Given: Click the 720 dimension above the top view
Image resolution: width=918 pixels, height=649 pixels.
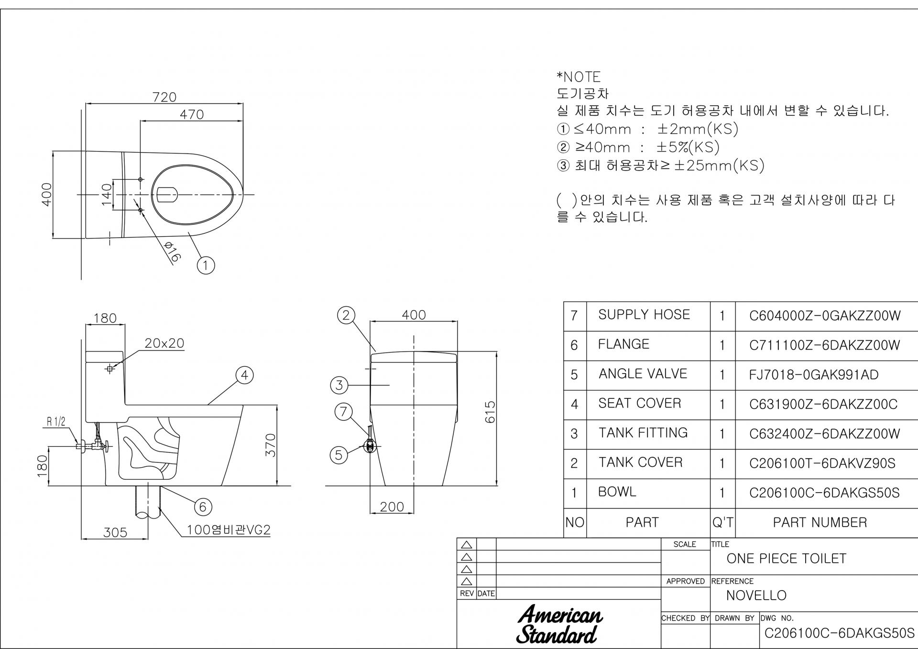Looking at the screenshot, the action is click(164, 97).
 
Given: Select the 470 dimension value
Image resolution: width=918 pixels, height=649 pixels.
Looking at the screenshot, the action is click(192, 115).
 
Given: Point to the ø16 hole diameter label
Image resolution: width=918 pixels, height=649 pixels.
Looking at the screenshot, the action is click(172, 251).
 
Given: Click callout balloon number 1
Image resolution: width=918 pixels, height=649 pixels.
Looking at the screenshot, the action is click(206, 265).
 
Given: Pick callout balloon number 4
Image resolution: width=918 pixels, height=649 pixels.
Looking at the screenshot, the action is click(244, 375).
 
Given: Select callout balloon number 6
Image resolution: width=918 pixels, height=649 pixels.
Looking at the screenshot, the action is click(203, 507).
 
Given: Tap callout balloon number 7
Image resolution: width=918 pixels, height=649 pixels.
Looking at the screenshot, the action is click(343, 412).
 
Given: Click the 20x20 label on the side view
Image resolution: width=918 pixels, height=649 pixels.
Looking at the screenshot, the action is click(164, 343).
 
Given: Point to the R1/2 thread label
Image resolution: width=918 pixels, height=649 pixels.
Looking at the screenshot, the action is click(56, 422).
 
